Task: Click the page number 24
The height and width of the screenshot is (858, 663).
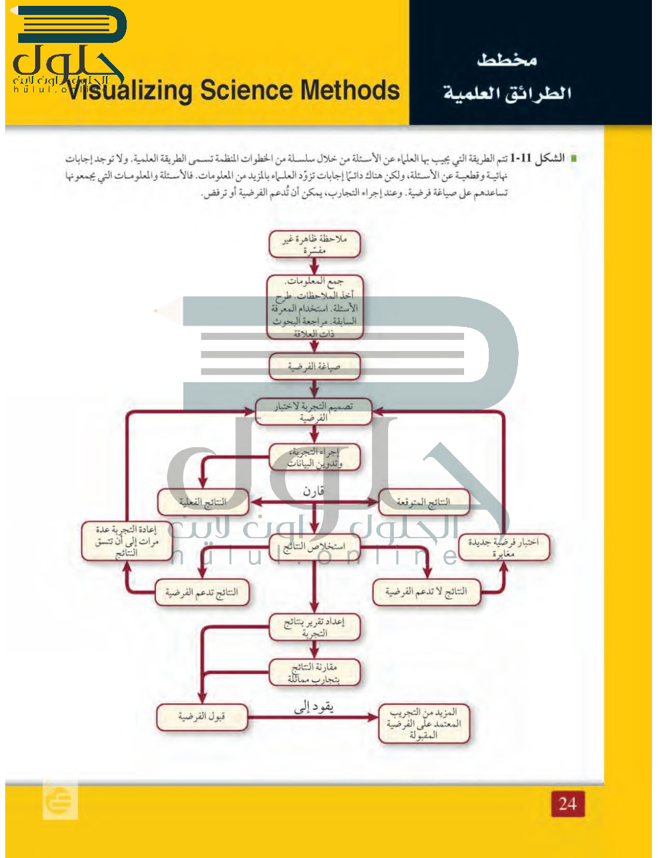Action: click(567, 803)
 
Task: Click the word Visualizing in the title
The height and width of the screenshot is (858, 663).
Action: click(130, 91)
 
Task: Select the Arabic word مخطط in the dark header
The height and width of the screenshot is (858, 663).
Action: click(507, 60)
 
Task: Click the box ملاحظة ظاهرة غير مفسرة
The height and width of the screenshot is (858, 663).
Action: click(314, 244)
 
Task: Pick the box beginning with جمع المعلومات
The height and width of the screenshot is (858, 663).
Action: click(315, 307)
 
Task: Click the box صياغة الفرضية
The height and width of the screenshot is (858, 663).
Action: click(314, 367)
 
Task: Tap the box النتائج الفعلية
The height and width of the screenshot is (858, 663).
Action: click(203, 502)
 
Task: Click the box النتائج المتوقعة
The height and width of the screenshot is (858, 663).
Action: click(423, 502)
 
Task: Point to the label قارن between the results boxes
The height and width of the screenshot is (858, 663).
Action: click(313, 491)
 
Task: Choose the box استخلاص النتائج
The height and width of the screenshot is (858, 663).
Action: click(314, 546)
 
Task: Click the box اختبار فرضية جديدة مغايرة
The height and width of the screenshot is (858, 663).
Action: click(504, 547)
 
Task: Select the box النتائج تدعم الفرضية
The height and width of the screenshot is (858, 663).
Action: click(201, 592)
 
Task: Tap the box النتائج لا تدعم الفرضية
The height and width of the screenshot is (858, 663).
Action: click(426, 591)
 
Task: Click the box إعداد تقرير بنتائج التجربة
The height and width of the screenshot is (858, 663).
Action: click(314, 627)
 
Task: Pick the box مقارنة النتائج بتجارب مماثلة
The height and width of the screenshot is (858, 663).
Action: click(314, 673)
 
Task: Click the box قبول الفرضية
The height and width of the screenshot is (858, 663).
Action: click(201, 716)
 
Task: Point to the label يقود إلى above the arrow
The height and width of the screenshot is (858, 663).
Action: click(313, 707)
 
